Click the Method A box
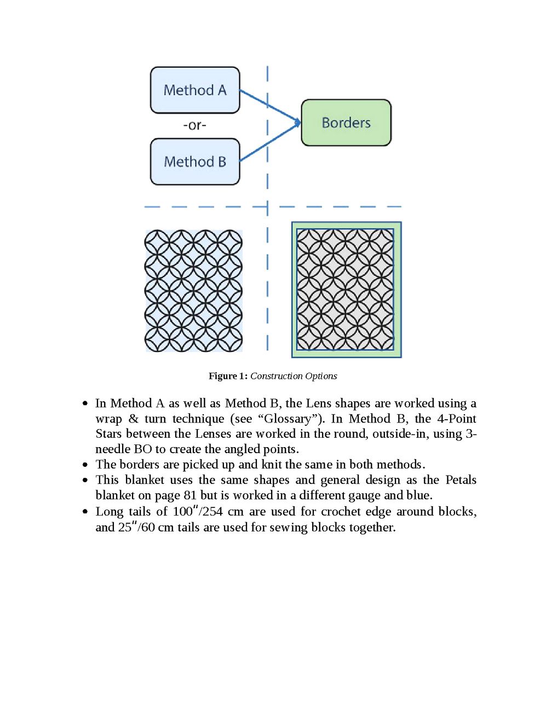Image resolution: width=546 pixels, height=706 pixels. (x=195, y=90)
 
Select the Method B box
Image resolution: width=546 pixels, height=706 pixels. (x=195, y=161)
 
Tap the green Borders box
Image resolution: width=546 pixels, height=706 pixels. (x=346, y=123)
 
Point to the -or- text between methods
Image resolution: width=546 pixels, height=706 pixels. (x=194, y=125)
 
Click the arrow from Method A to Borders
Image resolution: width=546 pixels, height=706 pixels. (x=270, y=106)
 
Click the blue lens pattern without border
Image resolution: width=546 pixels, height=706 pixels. (x=193, y=291)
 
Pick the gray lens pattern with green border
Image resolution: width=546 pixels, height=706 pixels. (x=346, y=290)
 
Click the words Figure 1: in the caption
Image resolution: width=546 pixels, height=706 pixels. (x=228, y=376)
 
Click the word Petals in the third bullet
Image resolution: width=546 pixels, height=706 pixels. (x=461, y=480)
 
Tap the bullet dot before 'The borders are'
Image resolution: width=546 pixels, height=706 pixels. (x=85, y=465)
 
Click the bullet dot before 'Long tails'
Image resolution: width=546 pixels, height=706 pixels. (x=85, y=512)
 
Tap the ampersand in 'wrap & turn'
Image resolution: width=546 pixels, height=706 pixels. (x=133, y=419)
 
